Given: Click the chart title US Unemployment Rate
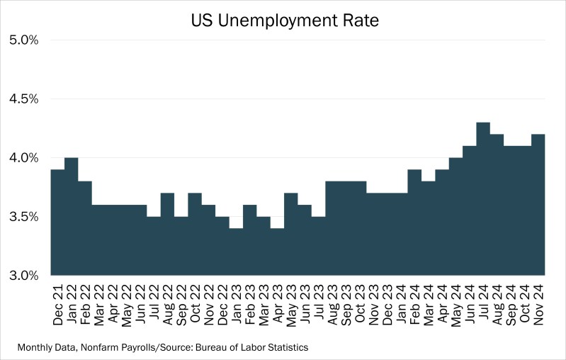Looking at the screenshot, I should pos(285,21).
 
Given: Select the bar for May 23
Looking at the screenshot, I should pos(290,234).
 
